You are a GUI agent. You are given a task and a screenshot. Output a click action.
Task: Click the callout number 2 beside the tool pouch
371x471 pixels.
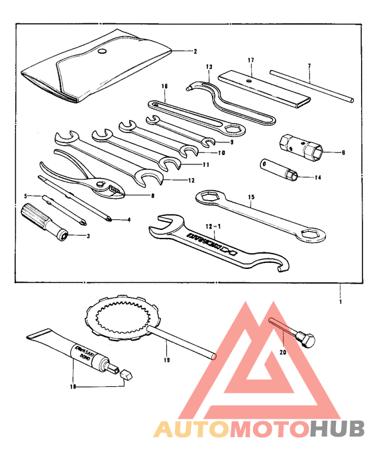195,50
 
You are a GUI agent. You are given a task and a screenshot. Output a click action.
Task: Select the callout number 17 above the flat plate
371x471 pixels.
251,60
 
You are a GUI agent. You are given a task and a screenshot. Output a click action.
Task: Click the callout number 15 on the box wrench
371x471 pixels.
251,197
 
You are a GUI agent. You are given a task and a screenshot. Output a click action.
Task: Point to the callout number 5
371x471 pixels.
26,196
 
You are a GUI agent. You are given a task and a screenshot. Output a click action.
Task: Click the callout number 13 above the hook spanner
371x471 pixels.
209,67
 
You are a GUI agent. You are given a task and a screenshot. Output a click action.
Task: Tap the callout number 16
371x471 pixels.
164,85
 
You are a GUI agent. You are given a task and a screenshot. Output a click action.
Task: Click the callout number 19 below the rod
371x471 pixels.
166,360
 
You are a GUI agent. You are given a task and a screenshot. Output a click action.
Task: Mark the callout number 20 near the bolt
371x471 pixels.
284,353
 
